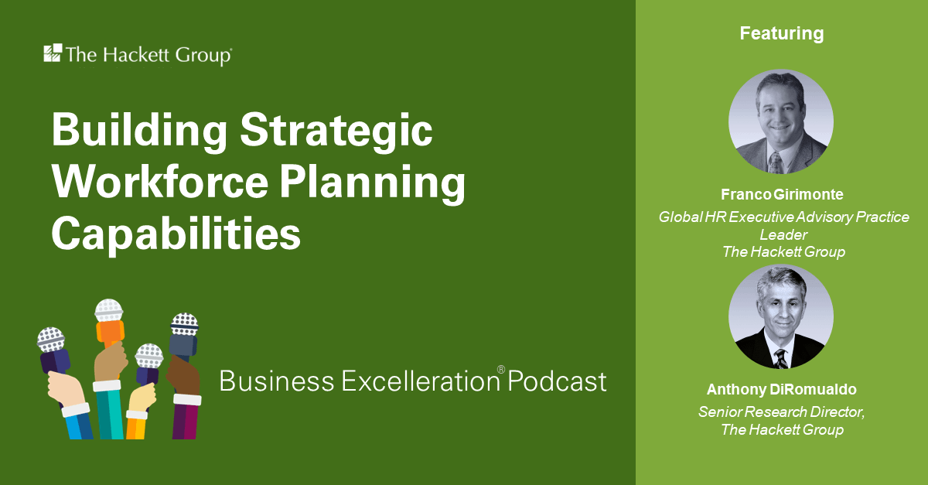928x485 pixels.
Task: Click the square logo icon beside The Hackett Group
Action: click(53, 53)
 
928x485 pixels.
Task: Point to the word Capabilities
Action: click(176, 234)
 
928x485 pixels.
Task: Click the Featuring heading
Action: click(781, 34)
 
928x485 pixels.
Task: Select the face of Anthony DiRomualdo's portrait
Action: click(780, 313)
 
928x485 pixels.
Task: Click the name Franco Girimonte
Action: click(781, 195)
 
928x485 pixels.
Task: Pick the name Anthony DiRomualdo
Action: click(781, 390)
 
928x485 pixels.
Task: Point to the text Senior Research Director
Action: click(781, 412)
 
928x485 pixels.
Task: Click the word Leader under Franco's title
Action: click(781, 234)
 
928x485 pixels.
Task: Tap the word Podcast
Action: click(558, 381)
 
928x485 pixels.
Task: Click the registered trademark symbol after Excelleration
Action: click(500, 370)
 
